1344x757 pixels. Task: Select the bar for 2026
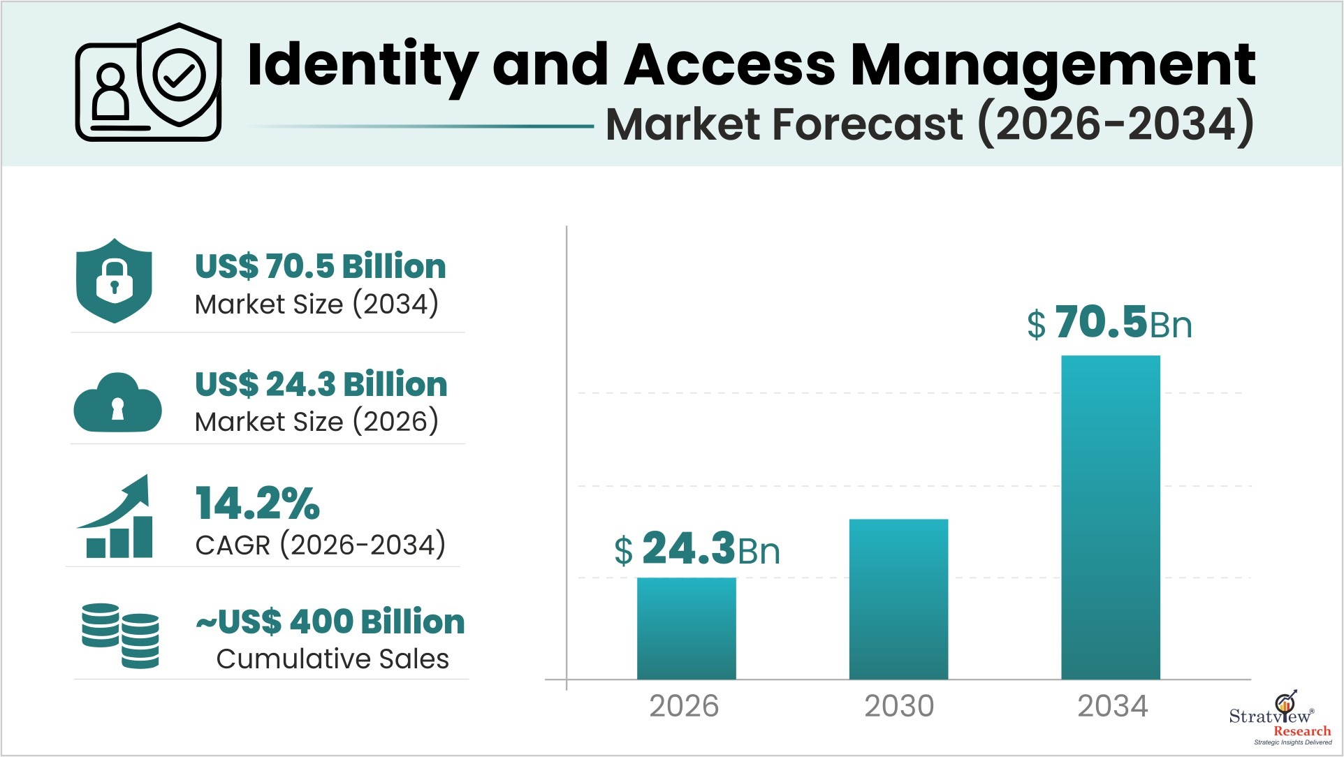coord(686,628)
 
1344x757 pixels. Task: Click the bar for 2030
coord(898,598)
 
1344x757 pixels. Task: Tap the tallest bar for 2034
coord(1111,517)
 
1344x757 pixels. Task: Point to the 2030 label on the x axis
coord(899,706)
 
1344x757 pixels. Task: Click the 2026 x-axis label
coord(684,706)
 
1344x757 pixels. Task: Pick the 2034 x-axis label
coord(1112,706)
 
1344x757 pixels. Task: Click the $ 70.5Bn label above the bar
coord(1109,323)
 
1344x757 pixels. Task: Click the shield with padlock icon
coord(114,281)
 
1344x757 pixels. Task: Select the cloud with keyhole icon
coord(117,403)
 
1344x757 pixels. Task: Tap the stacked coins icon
coord(120,635)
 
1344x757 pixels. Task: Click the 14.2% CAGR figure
coord(257,504)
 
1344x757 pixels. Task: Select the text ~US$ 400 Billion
coord(330,622)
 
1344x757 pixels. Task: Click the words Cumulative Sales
coord(333,659)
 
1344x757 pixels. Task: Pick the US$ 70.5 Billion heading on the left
coord(320,266)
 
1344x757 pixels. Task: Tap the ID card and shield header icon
coord(149,82)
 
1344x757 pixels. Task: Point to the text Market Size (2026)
coord(316,422)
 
